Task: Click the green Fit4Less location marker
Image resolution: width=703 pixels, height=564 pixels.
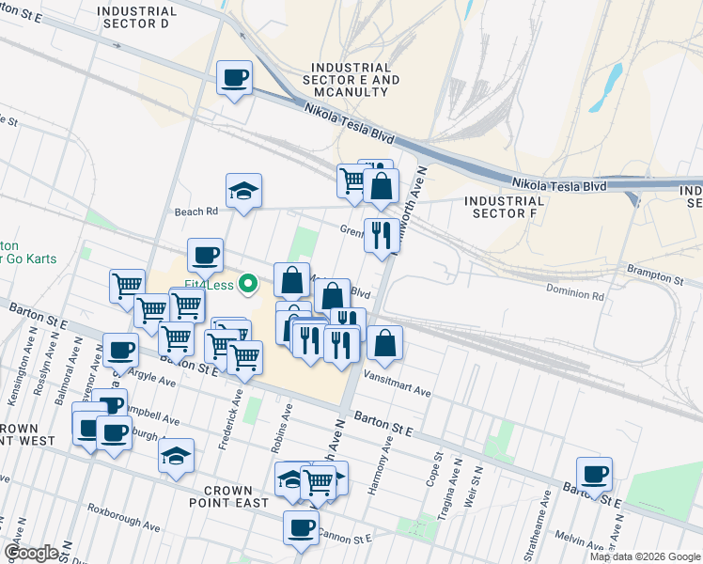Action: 249,282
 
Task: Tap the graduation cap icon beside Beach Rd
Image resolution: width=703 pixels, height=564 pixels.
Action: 243,191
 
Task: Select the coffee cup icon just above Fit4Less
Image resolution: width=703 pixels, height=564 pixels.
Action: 205,255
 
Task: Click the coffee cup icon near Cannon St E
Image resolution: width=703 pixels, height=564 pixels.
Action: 301,527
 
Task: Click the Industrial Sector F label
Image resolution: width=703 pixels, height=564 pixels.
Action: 504,207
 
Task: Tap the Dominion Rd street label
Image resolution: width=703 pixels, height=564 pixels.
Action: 576,295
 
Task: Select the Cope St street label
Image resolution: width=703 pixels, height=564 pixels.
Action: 437,472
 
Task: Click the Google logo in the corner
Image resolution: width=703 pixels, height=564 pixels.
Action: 31,553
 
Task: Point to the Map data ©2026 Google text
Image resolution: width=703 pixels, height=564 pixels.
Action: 644,556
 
